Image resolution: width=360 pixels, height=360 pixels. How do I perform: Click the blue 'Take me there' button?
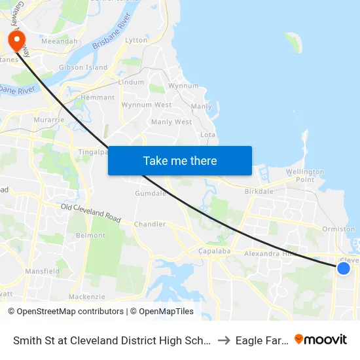click(x=180, y=160)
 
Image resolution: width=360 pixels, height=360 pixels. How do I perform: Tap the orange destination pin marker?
click(x=16, y=40)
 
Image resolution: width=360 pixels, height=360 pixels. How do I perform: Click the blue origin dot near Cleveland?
click(x=343, y=268)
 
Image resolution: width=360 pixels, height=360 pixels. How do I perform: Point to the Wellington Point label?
click(x=305, y=175)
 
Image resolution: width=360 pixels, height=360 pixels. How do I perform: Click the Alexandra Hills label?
click(x=270, y=253)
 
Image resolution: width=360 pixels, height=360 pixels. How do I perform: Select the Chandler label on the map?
click(x=149, y=224)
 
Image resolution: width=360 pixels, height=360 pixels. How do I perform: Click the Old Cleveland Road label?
click(x=91, y=213)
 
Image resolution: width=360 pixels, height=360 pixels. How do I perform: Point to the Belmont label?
click(x=90, y=236)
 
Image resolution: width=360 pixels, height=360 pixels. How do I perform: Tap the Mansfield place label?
click(x=42, y=271)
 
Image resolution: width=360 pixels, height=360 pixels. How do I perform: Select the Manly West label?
click(x=171, y=122)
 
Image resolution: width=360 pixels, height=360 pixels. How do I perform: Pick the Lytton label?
click(x=136, y=41)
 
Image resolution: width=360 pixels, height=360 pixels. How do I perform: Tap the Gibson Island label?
click(x=83, y=67)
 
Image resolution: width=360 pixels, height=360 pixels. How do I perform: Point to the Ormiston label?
click(x=338, y=229)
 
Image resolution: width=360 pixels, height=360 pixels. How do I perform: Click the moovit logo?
click(x=320, y=340)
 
